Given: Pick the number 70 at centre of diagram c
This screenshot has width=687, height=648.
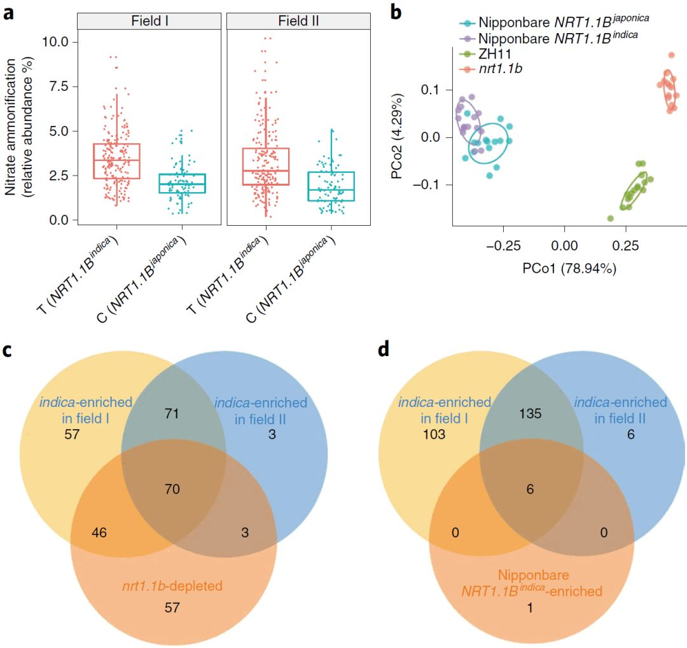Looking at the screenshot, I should point(172,489).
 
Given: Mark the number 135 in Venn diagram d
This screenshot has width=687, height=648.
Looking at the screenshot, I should point(530,415).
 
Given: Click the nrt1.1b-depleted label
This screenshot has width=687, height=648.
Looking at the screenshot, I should point(172,584).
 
